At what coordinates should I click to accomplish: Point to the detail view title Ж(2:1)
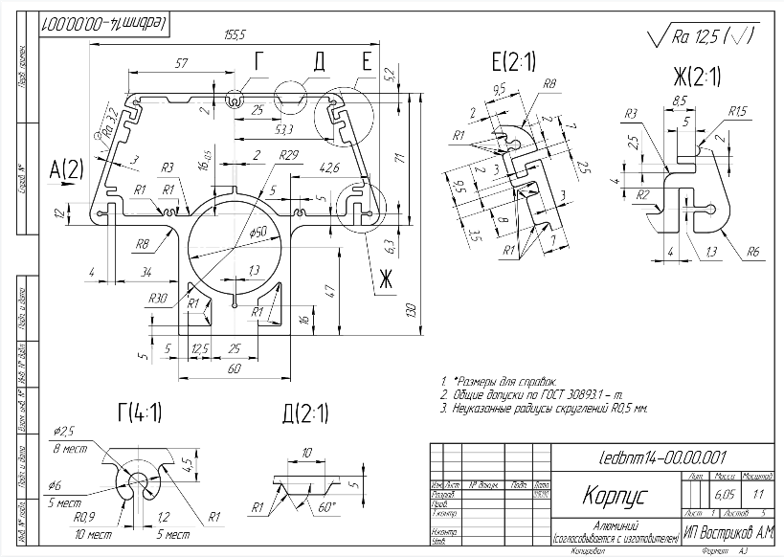(696, 77)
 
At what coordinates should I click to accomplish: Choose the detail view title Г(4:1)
(139, 412)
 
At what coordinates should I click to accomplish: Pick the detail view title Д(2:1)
(305, 414)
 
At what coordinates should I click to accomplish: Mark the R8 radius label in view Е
(549, 84)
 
